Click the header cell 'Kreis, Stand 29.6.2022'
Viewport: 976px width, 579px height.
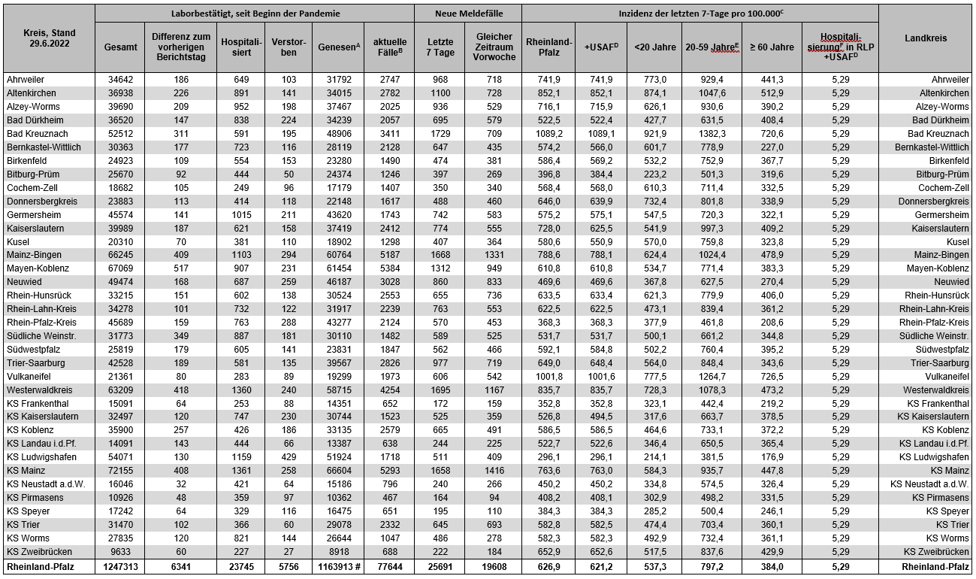(x=48, y=38)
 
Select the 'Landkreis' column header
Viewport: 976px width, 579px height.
(x=925, y=38)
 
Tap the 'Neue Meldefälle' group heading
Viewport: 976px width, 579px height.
(x=467, y=14)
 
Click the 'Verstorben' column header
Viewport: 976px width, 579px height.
(x=289, y=47)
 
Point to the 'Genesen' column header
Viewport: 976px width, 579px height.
(x=337, y=47)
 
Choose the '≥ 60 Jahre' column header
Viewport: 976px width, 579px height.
(x=772, y=47)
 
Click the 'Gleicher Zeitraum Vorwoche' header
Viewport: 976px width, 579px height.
(x=494, y=47)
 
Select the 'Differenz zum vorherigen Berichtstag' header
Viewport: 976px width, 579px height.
(x=181, y=47)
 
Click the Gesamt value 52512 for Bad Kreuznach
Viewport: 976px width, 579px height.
(x=120, y=134)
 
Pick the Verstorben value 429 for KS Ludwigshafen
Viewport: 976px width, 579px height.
(x=289, y=457)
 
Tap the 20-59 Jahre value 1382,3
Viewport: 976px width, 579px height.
(x=712, y=134)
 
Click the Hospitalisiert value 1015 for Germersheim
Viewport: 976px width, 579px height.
(x=240, y=215)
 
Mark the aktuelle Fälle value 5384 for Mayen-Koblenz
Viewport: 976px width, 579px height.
(x=388, y=268)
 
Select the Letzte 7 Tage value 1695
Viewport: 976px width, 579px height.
(x=440, y=390)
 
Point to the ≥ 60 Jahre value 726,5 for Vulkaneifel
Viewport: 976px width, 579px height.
(x=772, y=377)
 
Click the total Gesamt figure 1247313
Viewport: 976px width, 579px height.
(x=120, y=566)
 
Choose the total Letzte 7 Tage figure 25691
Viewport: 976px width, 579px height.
(x=440, y=566)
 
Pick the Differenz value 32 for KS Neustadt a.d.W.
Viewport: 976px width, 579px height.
(x=181, y=484)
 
